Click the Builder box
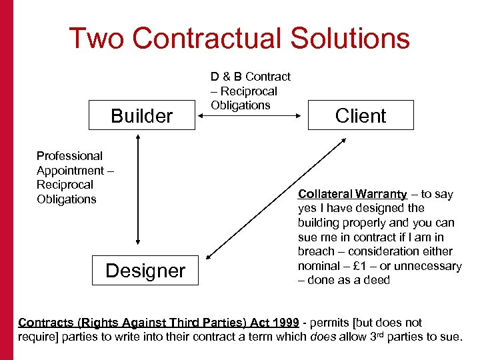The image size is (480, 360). [141, 116]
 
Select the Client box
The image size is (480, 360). [361, 115]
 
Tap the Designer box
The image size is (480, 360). [145, 270]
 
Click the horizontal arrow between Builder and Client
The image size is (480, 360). [251, 115]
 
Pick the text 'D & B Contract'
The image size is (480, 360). [251, 77]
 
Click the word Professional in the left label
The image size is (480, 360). [69, 156]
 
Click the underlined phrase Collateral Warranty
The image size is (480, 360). [352, 194]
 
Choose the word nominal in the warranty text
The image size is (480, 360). [319, 266]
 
